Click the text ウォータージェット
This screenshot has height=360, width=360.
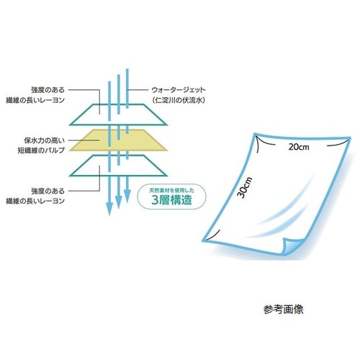pos(179,90)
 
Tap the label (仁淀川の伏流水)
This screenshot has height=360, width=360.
pos(179,100)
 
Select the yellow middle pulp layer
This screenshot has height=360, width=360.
pos(118,140)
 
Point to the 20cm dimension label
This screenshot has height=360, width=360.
pos(299,147)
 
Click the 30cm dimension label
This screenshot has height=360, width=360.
pos(245,187)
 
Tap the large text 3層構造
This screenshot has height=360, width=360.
pos(171,200)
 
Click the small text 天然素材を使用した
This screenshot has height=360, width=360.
pos(172,191)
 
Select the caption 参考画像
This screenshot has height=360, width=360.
pos(284,310)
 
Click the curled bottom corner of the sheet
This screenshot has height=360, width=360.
pos(292,246)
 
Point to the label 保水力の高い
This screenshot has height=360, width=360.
pos(45,140)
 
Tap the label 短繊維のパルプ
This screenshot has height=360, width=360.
pos(41,150)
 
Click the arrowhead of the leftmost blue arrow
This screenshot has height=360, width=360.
pos(109,209)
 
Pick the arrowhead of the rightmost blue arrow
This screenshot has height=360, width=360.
pos(127,196)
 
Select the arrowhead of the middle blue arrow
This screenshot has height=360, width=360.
pos(119,202)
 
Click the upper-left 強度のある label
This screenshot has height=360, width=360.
pos(48,90)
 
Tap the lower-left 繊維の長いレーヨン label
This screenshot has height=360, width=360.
pos(35,201)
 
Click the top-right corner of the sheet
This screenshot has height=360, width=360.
pos(350,138)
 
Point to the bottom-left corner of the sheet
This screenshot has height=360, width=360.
pos(203,240)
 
